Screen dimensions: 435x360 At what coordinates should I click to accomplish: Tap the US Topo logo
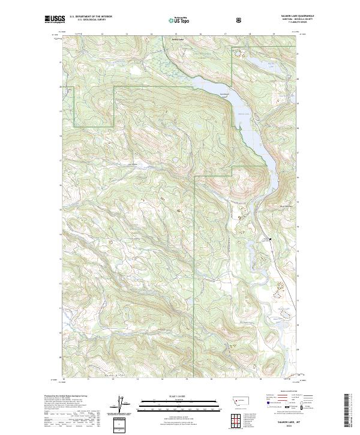tap(179, 20)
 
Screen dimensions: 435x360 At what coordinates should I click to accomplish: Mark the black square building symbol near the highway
tap(270, 239)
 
